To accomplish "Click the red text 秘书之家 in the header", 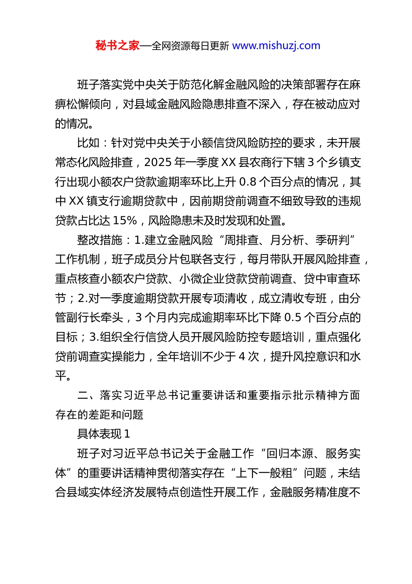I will click(118, 46).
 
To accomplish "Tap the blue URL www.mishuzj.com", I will click(276, 46).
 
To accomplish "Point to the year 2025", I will click(157, 163).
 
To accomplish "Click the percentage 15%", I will click(124, 221).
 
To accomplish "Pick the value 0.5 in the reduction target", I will click(293, 318).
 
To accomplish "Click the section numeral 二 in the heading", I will click(83, 395).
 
